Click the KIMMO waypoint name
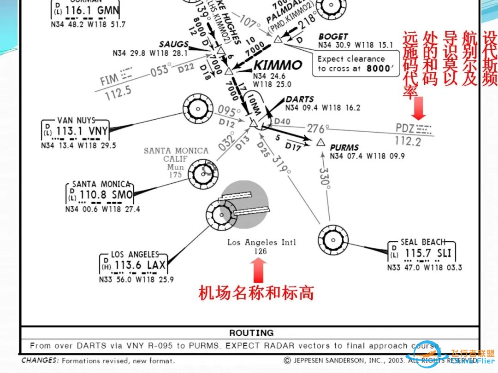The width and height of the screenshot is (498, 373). pyautogui.click(x=278, y=65)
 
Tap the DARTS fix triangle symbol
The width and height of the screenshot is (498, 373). pyautogui.click(x=253, y=123)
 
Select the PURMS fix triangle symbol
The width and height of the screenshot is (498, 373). pyautogui.click(x=321, y=142)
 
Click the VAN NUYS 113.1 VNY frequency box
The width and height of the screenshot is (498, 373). pyautogui.click(x=76, y=131)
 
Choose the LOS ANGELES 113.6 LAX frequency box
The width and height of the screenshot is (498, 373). pyautogui.click(x=134, y=265)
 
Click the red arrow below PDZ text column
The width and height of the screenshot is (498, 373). pyautogui.click(x=420, y=108)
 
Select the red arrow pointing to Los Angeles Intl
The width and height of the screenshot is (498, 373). pyautogui.click(x=260, y=269)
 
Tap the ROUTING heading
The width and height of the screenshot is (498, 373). pyautogui.click(x=251, y=332)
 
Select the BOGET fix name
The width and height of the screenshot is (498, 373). pyautogui.click(x=333, y=36)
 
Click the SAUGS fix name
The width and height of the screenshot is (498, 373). pyautogui.click(x=173, y=44)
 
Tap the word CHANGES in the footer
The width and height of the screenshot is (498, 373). pyautogui.click(x=39, y=361)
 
